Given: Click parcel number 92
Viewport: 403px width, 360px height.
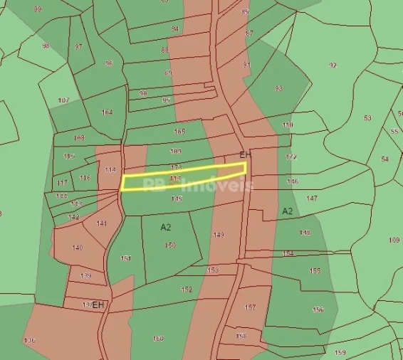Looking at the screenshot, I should pos(333,65).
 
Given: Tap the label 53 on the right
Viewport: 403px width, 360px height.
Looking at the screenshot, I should pos(367,118).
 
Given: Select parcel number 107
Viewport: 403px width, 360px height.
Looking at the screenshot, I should pos(64,100).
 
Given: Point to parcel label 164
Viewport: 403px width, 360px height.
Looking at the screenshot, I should pos(108,112).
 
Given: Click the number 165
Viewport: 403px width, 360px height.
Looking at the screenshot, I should pos(179,132).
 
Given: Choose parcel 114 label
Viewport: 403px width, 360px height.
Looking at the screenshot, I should pos(110,170).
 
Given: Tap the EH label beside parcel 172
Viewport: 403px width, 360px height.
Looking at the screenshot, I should pos(246,155).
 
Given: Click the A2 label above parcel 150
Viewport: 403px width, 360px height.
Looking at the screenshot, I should pos(166,228).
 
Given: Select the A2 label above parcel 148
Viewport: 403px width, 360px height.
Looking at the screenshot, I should pos(288,211).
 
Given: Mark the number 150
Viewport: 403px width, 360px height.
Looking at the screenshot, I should pos(170,245).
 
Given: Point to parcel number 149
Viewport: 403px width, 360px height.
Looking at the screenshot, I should pos(219,235).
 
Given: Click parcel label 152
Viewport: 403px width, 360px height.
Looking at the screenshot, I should pos(187,290).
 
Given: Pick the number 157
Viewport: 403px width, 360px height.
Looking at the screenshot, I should pos(250,307).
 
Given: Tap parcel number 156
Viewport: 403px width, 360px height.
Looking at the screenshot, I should pos(318,309).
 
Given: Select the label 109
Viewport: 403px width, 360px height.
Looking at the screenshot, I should pos(394,240).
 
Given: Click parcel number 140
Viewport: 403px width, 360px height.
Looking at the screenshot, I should pos(78,248).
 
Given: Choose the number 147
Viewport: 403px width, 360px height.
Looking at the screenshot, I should pos(312,198).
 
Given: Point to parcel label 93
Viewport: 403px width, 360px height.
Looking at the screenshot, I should pos(278,88).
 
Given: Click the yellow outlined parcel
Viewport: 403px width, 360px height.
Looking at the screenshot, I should pos(184,177).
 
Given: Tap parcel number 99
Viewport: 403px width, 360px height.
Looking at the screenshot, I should pos(38,9).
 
